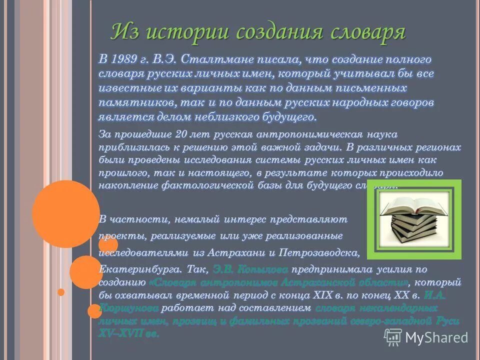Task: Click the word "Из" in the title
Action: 124,32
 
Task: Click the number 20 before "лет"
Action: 181,135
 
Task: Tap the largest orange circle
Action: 65,213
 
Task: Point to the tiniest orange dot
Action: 60,292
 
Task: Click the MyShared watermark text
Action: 436,337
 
